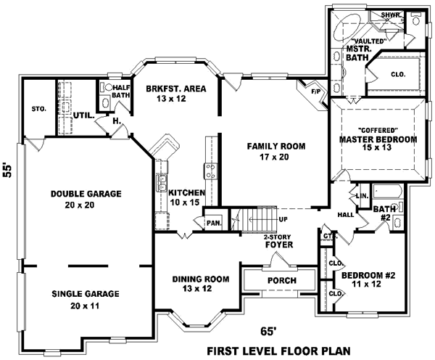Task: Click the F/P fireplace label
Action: (316, 92)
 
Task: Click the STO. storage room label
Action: (39, 109)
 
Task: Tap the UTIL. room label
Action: (83, 115)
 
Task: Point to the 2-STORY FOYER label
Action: (278, 241)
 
